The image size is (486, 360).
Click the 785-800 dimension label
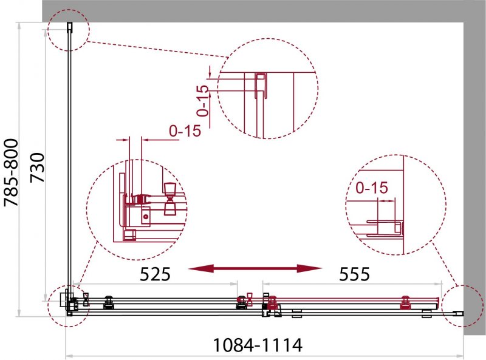(x=11, y=172)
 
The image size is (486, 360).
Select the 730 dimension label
(x=38, y=168)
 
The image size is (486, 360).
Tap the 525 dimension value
(x=155, y=274)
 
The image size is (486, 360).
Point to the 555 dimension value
(x=355, y=274)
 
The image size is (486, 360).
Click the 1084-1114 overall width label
(x=258, y=345)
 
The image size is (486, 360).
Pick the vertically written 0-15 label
(x=203, y=100)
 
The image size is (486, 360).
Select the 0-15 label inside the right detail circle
(x=372, y=188)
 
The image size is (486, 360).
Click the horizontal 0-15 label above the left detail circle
(x=185, y=131)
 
